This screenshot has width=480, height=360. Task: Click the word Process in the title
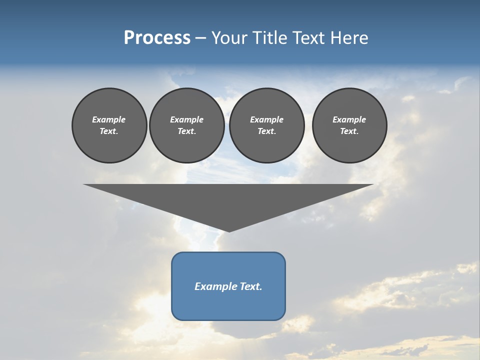coord(157,38)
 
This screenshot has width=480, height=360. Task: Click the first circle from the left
coord(109,125)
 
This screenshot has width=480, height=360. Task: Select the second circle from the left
coord(187,125)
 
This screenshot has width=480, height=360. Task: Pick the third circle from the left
coord(266,125)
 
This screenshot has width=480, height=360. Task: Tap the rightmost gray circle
coord(349,125)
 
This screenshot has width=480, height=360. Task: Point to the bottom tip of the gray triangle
coord(229,231)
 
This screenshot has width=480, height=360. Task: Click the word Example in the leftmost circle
coord(109,119)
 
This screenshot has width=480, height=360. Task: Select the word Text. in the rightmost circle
coord(349,131)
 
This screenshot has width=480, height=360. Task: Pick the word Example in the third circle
coord(266,119)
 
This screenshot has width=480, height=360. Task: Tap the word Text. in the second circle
coord(187,131)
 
